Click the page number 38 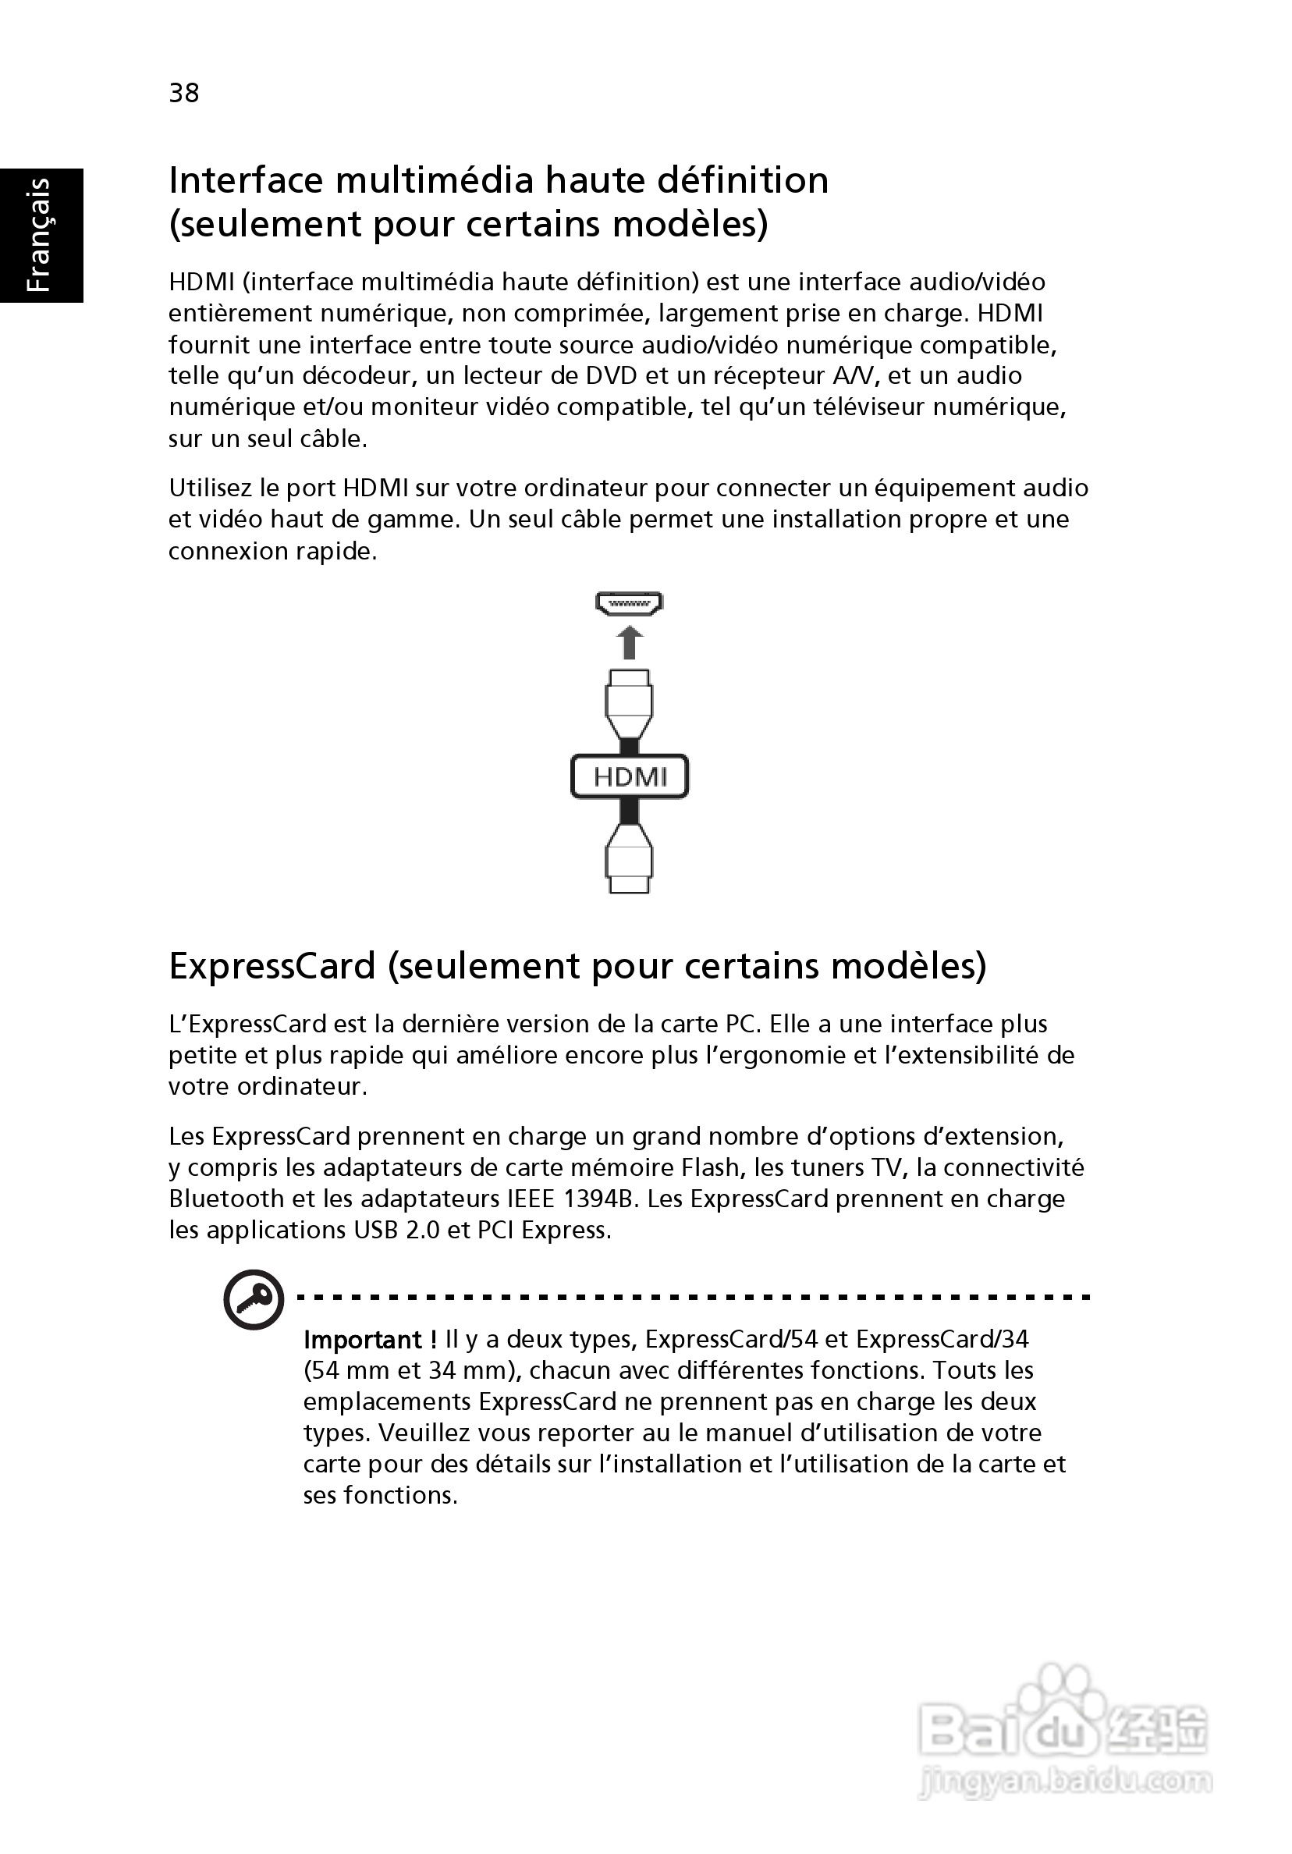[x=184, y=93]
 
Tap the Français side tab [x=41, y=235]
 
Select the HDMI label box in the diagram [x=629, y=777]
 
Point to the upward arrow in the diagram [x=630, y=644]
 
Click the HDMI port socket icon [x=629, y=603]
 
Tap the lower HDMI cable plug [x=629, y=858]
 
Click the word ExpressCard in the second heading [x=272, y=966]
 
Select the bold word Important [x=364, y=1340]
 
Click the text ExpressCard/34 [x=942, y=1340]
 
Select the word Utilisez [x=211, y=488]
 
